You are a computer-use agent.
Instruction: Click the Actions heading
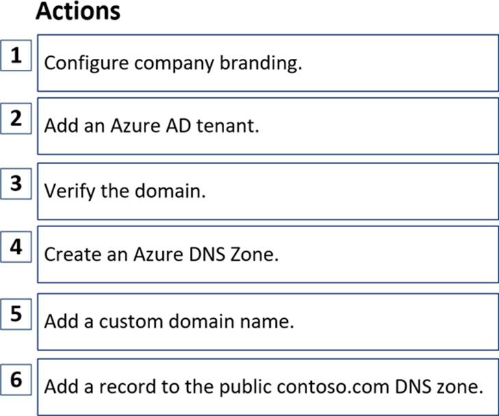tap(78, 12)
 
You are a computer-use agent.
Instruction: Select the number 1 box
tap(16, 55)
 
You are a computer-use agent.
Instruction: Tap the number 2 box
tap(16, 118)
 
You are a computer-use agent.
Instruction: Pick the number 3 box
tap(16, 183)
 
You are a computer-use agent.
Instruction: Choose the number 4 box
tap(16, 247)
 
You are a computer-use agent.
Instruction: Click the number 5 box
tap(16, 314)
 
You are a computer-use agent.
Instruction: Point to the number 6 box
tap(16, 380)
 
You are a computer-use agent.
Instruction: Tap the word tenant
tap(228, 126)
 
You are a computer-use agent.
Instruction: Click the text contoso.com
tap(333, 387)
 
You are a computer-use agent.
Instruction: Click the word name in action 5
tap(267, 322)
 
